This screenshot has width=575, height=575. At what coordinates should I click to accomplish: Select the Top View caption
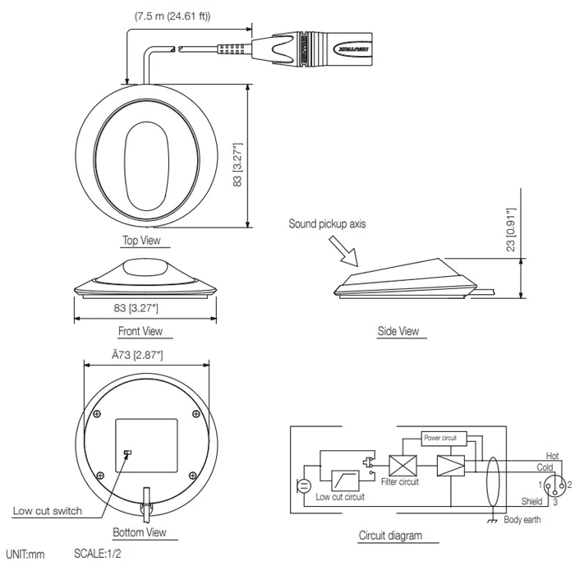point(141,241)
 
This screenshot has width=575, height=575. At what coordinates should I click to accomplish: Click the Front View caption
point(141,331)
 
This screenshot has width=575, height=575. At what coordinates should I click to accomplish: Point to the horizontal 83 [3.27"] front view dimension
point(136,307)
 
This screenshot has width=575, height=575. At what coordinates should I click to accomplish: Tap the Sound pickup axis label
point(328,223)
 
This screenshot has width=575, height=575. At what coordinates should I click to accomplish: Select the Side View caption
point(398,331)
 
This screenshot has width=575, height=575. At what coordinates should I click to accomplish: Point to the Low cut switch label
point(47,510)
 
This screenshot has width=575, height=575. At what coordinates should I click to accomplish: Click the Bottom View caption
point(140,532)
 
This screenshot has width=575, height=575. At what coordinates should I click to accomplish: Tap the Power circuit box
point(444,438)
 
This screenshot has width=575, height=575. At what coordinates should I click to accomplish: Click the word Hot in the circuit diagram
point(552,455)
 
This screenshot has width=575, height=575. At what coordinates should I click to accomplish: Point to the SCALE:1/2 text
point(98,554)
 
